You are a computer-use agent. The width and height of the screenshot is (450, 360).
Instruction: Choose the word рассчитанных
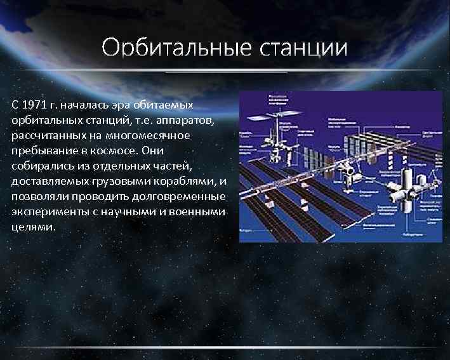click(47, 135)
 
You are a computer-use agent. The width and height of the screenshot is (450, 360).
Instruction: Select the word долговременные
click(184, 196)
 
